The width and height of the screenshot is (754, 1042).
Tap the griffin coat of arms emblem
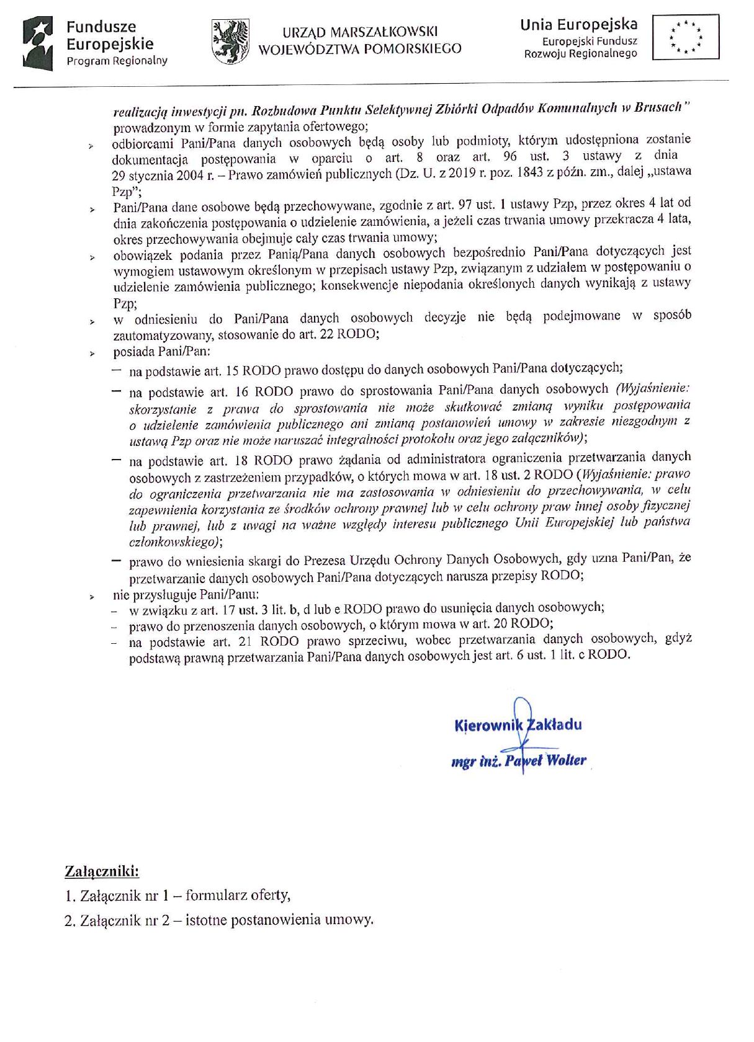tap(230, 41)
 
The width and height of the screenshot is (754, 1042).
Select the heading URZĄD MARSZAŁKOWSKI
tap(360, 32)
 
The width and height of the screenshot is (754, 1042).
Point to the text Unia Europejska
tap(578, 25)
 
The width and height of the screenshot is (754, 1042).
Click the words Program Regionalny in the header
tap(117, 61)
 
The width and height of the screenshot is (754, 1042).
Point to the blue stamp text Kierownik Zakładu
tap(518, 724)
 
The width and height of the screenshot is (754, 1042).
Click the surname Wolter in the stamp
tap(567, 760)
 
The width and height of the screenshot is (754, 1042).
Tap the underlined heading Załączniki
tap(102, 871)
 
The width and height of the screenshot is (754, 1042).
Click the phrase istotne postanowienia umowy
tap(279, 920)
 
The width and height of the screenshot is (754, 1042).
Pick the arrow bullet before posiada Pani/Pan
tap(91, 354)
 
